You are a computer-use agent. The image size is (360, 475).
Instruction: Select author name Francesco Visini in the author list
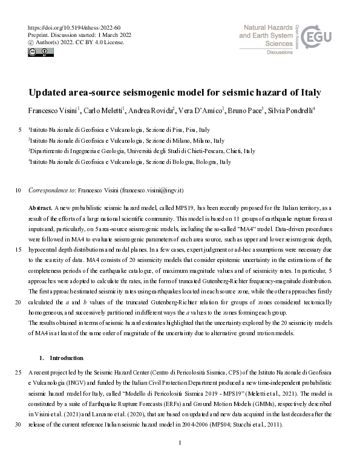pos(51,110)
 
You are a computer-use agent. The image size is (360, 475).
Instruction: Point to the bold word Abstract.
pos(40,207)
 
